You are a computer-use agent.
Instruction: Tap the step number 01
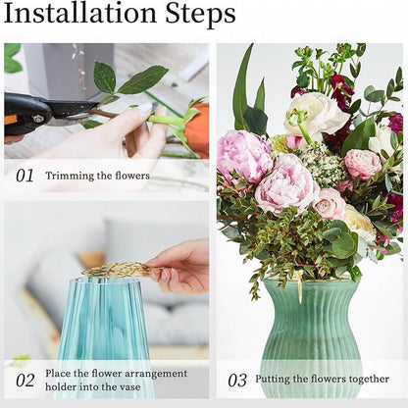click(x=25, y=176)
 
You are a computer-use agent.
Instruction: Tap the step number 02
click(x=25, y=381)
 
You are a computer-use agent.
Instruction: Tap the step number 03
click(x=237, y=381)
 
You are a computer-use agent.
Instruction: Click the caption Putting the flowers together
click(x=322, y=380)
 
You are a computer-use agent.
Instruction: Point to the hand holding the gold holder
click(x=181, y=267)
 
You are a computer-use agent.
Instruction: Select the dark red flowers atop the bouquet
click(x=338, y=93)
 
